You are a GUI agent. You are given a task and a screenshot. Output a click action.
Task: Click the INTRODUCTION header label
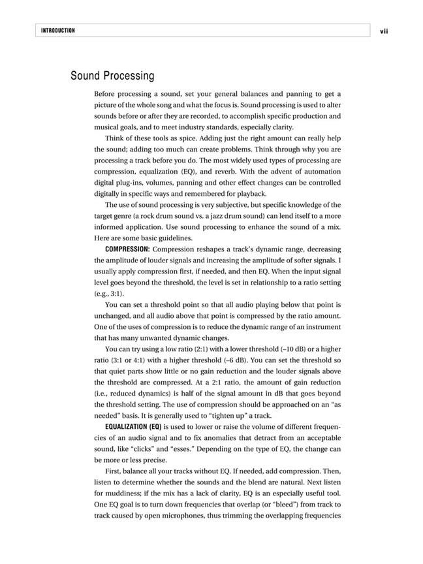click(x=57, y=31)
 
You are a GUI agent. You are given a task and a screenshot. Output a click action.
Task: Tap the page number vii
click(x=383, y=31)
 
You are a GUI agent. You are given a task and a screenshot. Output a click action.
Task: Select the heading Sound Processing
click(x=112, y=76)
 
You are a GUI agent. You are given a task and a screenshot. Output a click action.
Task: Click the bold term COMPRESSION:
click(x=127, y=249)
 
